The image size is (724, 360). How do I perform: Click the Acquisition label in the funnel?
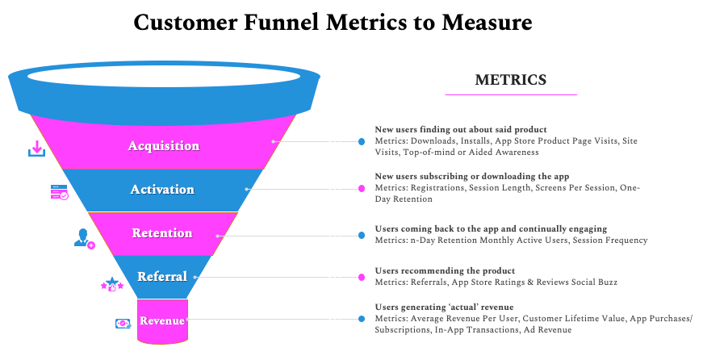(x=163, y=146)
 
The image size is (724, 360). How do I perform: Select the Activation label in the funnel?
(x=162, y=190)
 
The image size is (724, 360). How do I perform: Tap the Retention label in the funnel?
(x=162, y=233)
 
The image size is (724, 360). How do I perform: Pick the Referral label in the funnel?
(x=162, y=277)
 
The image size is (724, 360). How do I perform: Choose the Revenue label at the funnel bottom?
(x=162, y=320)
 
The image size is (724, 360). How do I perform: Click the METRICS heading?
(x=510, y=80)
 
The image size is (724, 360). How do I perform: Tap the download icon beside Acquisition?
(x=36, y=149)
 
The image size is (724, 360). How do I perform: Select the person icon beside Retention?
(x=84, y=238)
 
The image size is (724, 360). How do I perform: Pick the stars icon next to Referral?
(x=112, y=283)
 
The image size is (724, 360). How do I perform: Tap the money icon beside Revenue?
(x=123, y=324)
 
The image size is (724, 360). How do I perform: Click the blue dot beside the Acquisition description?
(x=362, y=141)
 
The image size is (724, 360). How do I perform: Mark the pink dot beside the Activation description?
(x=362, y=189)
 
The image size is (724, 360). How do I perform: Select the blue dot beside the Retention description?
(x=362, y=236)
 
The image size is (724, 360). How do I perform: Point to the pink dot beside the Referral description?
(x=362, y=277)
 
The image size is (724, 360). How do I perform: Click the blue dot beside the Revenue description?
(x=362, y=319)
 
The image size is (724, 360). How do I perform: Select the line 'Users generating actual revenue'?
(x=444, y=308)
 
